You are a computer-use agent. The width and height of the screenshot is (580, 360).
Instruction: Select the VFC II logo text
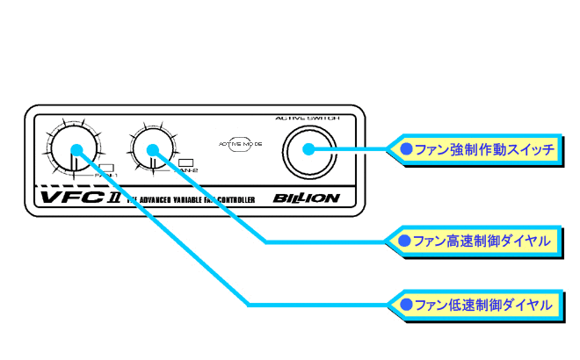point(74,198)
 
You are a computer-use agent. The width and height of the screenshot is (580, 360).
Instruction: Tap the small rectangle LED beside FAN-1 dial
point(106,167)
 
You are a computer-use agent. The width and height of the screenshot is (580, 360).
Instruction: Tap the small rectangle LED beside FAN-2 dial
point(185,162)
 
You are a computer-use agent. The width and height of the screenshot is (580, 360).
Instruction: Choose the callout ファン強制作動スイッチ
point(478,150)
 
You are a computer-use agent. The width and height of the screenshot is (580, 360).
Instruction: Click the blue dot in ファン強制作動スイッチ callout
point(406,149)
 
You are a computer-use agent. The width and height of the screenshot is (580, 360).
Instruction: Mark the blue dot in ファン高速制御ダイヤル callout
point(404,240)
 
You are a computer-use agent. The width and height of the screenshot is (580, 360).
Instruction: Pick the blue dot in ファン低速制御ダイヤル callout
point(404,305)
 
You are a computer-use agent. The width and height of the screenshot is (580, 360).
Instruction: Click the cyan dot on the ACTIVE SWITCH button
point(308,148)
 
